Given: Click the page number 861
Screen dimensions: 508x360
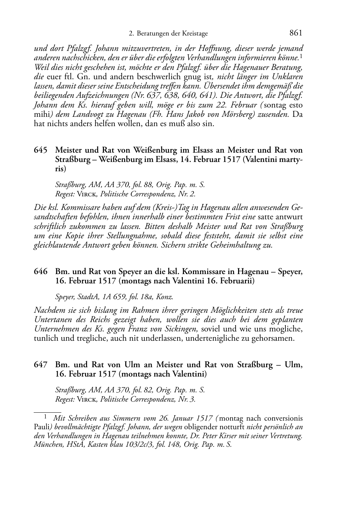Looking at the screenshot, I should pos(295,33).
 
